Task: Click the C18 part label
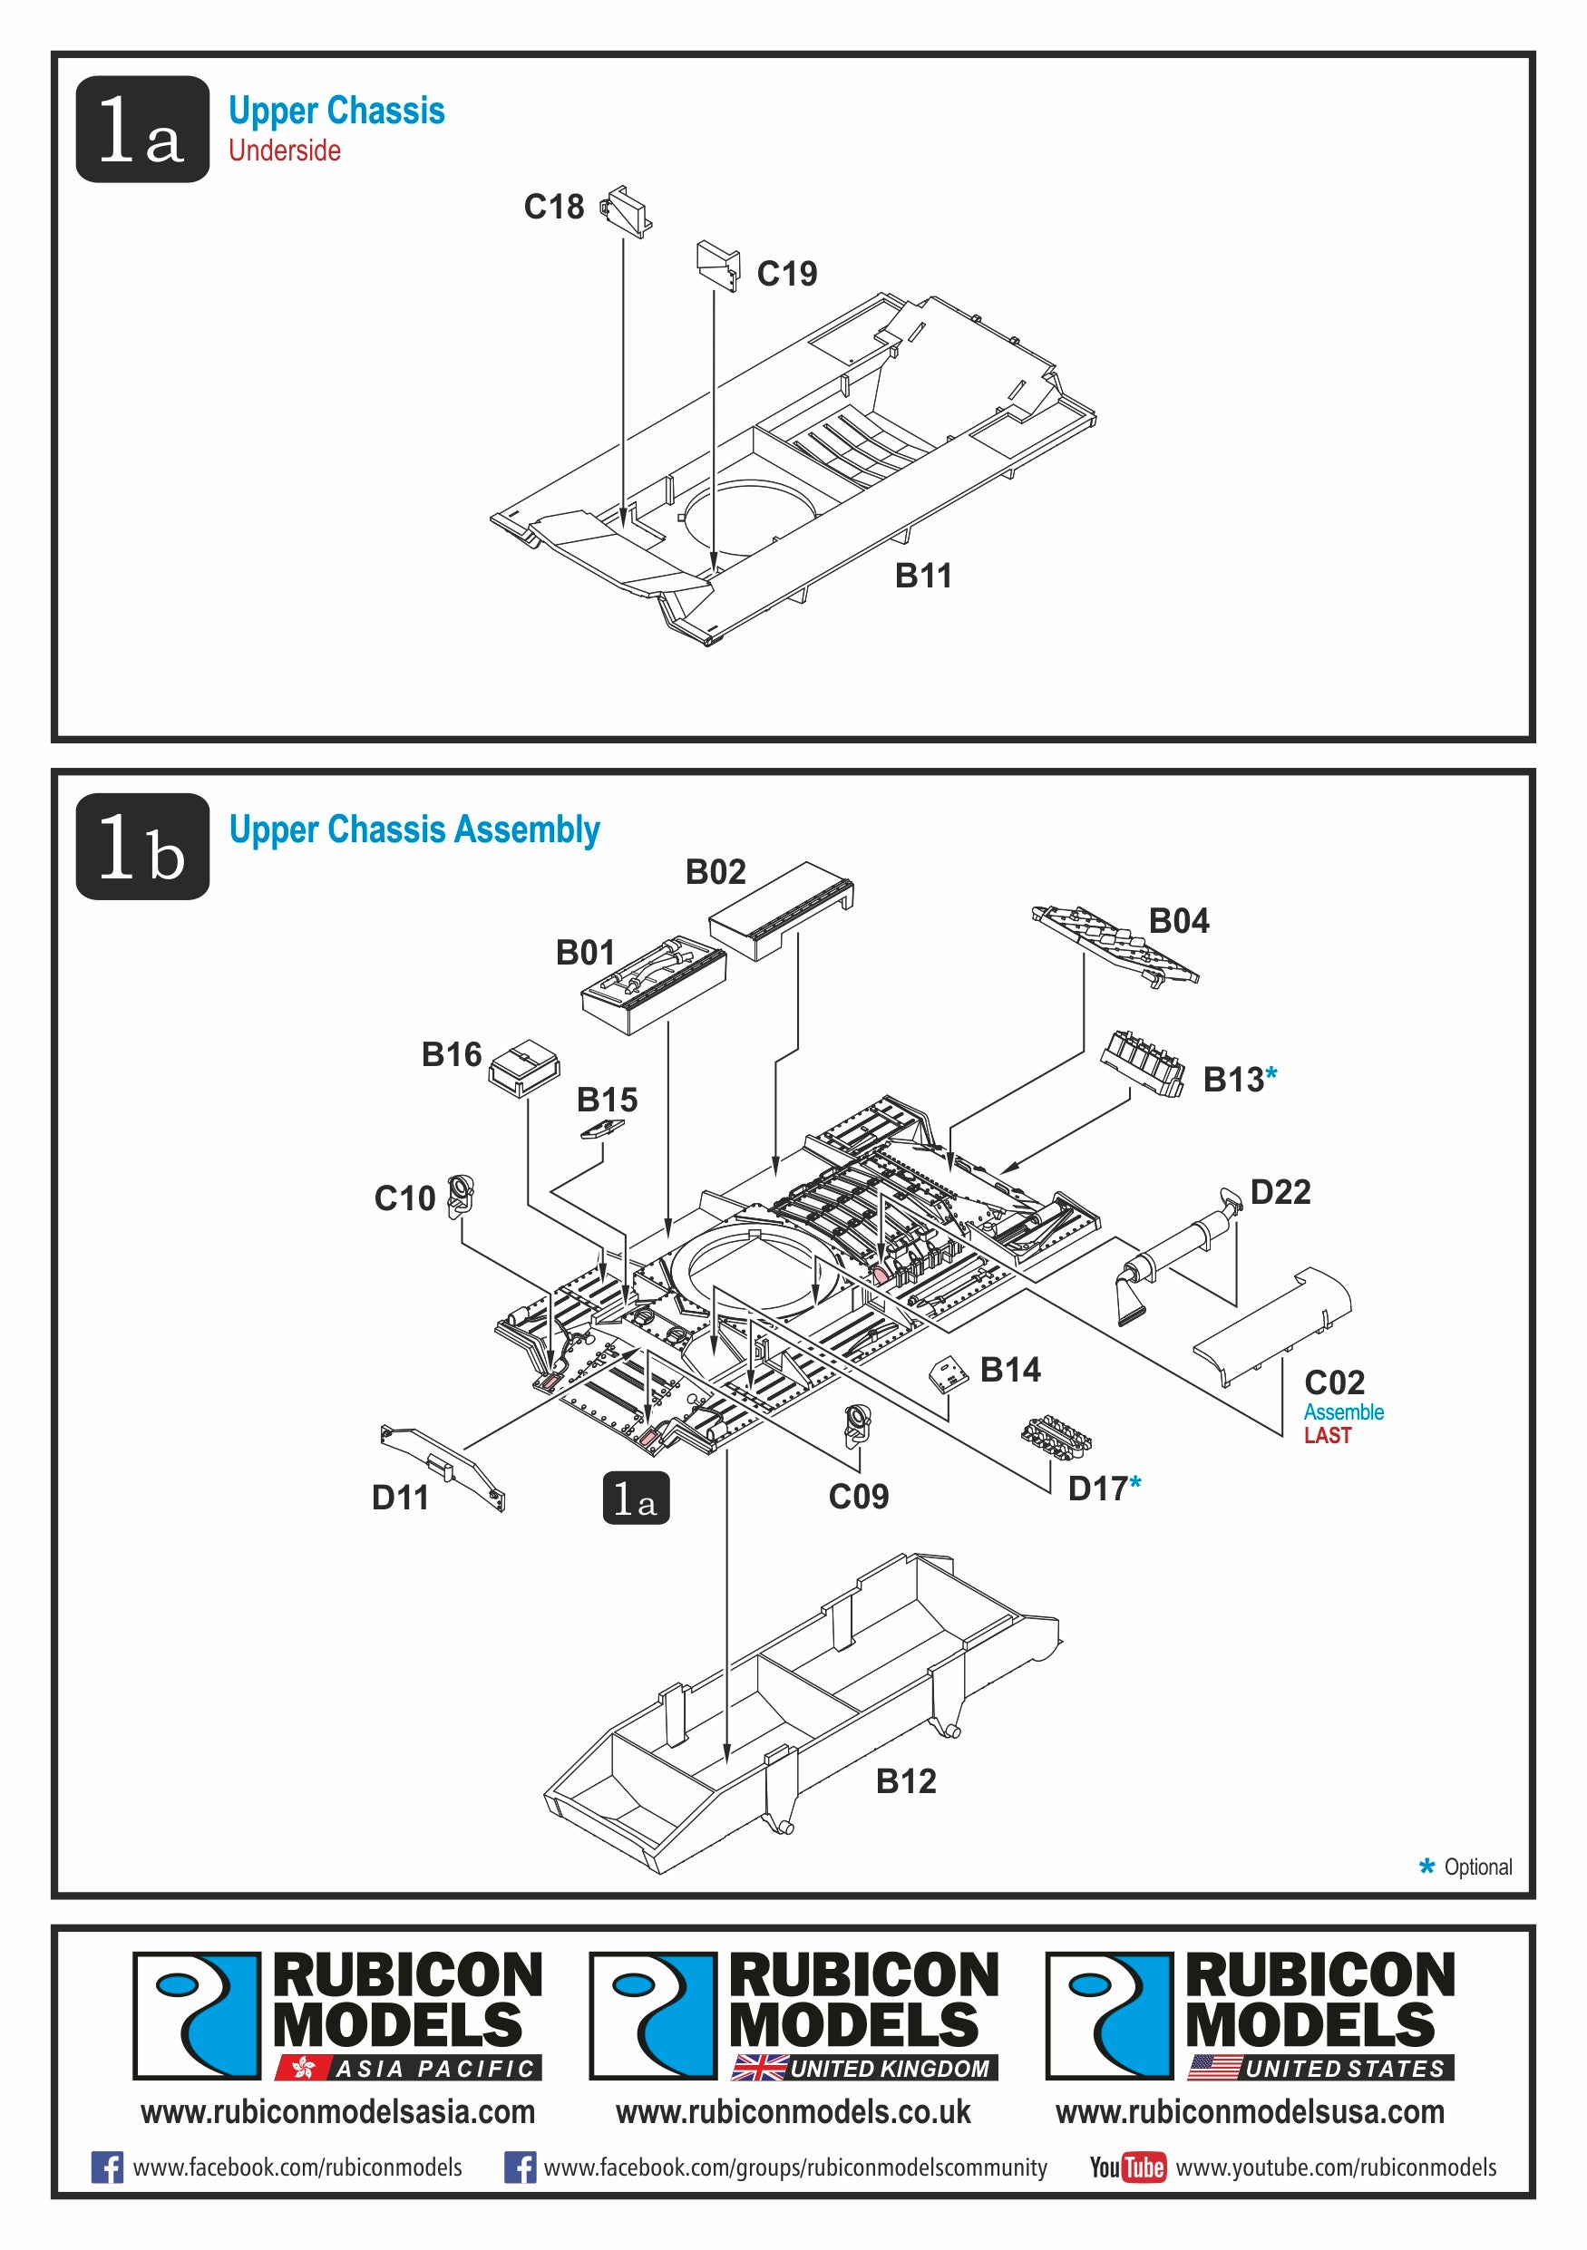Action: pyautogui.click(x=554, y=207)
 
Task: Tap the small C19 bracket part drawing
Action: pyautogui.click(x=718, y=265)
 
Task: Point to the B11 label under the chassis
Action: pyautogui.click(x=923, y=576)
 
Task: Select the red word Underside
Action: pyautogui.click(x=284, y=150)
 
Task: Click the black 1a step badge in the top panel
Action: pyautogui.click(x=142, y=130)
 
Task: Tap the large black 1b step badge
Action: pyautogui.click(x=142, y=847)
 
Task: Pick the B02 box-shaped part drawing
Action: pyautogui.click(x=781, y=909)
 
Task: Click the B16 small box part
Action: pyautogui.click(x=523, y=1067)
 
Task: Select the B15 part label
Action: pyautogui.click(x=607, y=1100)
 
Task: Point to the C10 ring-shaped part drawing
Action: pyautogui.click(x=460, y=1196)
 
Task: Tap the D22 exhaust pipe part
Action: pyautogui.click(x=1177, y=1253)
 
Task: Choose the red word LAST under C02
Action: pyautogui.click(x=1328, y=1436)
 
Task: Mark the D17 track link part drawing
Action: pyautogui.click(x=1056, y=1436)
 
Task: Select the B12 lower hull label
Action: pyautogui.click(x=906, y=1780)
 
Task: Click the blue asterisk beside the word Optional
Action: pyautogui.click(x=1427, y=1867)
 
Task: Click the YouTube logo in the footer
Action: pyautogui.click(x=1128, y=2167)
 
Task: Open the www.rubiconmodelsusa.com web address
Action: pyautogui.click(x=1250, y=2112)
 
